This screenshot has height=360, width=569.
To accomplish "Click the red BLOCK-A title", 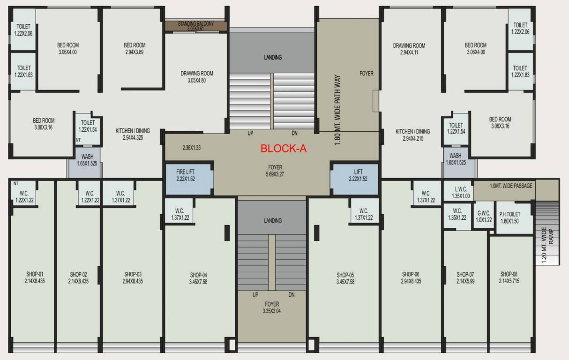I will [283, 149].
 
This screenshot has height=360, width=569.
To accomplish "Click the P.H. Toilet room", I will [509, 218].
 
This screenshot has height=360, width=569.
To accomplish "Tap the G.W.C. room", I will [484, 216].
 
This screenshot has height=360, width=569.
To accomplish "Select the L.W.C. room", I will [458, 193].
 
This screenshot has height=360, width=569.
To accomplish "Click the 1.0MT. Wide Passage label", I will [511, 186].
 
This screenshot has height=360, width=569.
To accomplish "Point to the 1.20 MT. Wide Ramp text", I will [547, 246].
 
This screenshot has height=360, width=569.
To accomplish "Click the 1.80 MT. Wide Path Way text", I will [337, 111].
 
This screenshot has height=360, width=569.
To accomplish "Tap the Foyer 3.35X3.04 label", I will [272, 307].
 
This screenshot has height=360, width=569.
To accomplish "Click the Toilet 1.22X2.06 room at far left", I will [23, 29].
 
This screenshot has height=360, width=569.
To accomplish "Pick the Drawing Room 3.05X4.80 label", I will [197, 76].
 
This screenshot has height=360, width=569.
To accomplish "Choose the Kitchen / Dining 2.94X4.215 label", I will [412, 135].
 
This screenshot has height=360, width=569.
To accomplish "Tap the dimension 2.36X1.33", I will [191, 148].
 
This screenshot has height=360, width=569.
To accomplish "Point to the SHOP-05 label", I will [345, 278].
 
